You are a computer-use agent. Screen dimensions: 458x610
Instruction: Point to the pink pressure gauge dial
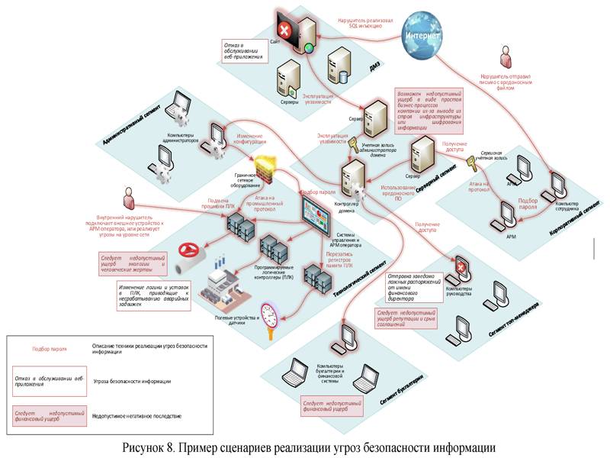tap(270, 315)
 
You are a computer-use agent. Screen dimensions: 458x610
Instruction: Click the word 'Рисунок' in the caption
tap(156, 447)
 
